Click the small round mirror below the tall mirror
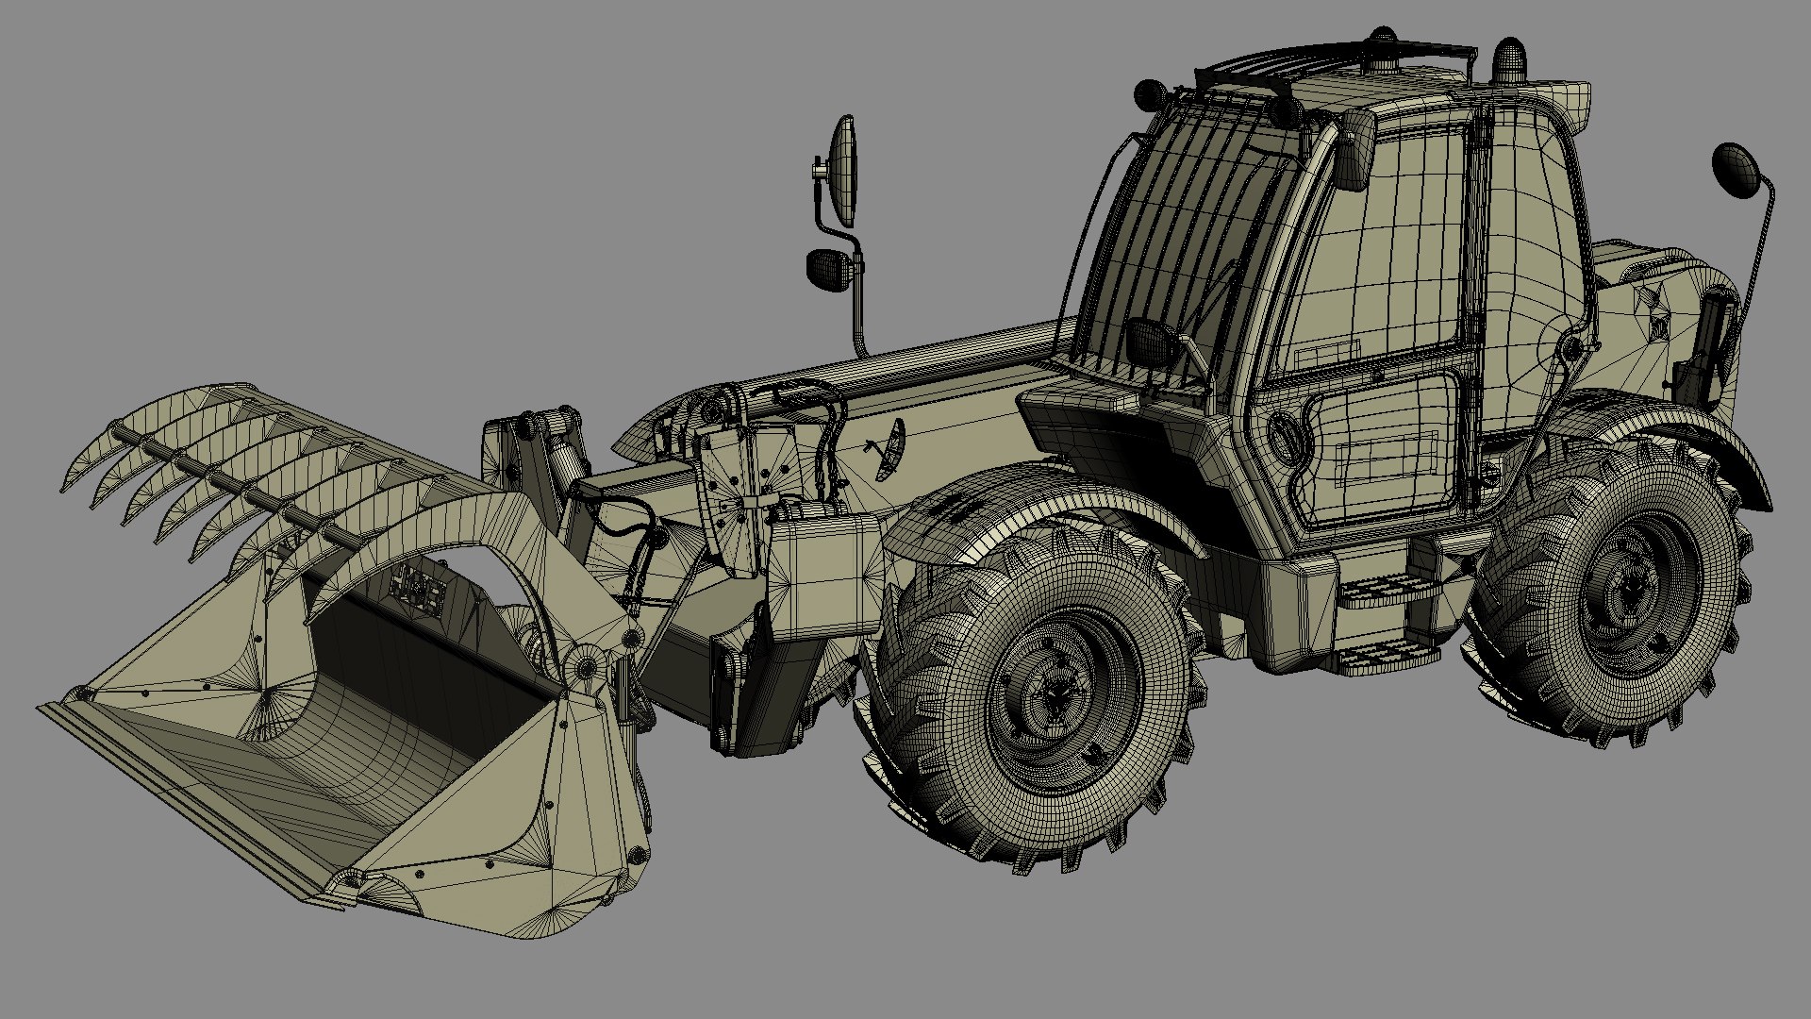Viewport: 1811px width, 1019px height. pyautogui.click(x=828, y=269)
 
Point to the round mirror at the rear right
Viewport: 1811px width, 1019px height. pyautogui.click(x=1734, y=170)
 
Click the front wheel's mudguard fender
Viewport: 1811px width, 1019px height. pyautogui.click(x=1028, y=505)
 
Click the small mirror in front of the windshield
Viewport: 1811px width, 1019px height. pyautogui.click(x=1149, y=342)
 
